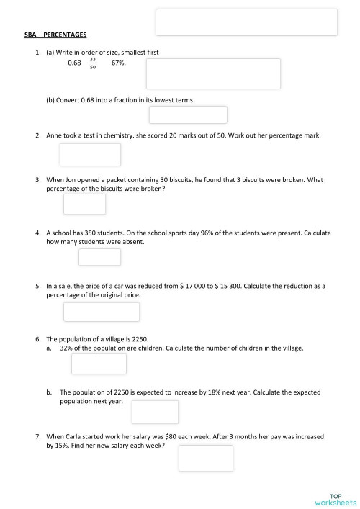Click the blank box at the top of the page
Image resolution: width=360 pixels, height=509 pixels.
point(246,22)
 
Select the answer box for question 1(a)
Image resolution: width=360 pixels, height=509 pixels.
point(213,73)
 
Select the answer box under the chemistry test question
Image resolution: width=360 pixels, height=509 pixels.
point(90,155)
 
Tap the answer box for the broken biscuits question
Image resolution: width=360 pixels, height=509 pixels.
point(84,204)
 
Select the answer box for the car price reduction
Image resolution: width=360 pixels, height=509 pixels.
point(102,312)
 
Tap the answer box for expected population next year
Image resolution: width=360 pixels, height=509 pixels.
point(155,412)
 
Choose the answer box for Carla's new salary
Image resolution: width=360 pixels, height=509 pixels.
point(205,458)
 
